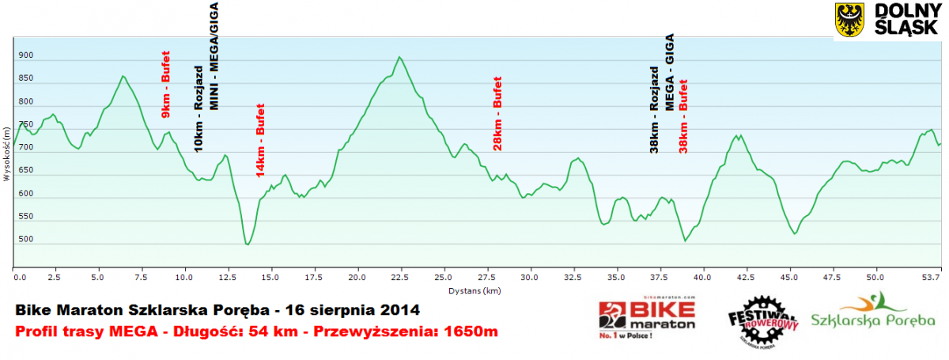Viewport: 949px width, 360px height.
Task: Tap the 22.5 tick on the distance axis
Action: click(399, 278)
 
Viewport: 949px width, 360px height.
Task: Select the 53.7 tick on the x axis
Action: click(932, 278)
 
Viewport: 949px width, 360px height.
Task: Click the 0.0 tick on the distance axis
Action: click(20, 278)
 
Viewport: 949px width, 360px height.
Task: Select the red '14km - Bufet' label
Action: click(260, 140)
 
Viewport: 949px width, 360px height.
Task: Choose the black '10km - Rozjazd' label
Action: click(198, 109)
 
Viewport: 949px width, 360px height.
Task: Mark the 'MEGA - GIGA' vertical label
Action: click(669, 72)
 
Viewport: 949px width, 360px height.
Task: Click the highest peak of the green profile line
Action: click(400, 57)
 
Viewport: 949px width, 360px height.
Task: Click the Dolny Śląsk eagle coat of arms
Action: click(851, 20)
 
